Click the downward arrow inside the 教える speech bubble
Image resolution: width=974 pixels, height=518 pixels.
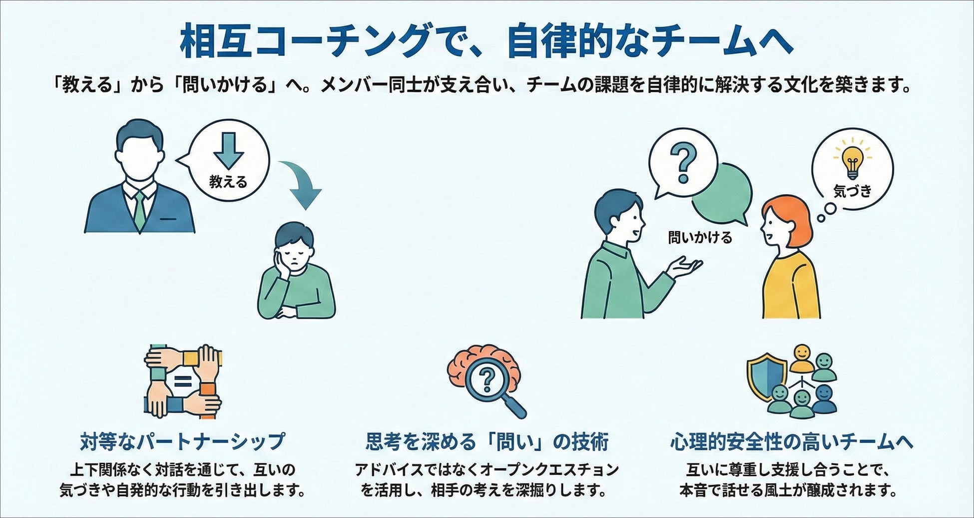(x=228, y=150)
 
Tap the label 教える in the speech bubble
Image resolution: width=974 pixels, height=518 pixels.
(x=228, y=182)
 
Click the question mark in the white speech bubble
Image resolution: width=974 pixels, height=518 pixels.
(x=683, y=163)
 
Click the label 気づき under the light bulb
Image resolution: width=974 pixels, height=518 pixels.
(x=853, y=190)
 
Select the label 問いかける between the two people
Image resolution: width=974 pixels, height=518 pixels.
(x=700, y=237)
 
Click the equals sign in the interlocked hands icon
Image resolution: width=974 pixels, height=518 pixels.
(x=183, y=383)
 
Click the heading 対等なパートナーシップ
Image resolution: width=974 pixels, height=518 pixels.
(x=183, y=442)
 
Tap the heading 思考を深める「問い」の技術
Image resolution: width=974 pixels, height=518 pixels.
(x=487, y=442)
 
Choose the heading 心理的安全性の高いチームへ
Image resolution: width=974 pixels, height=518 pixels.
(x=792, y=442)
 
